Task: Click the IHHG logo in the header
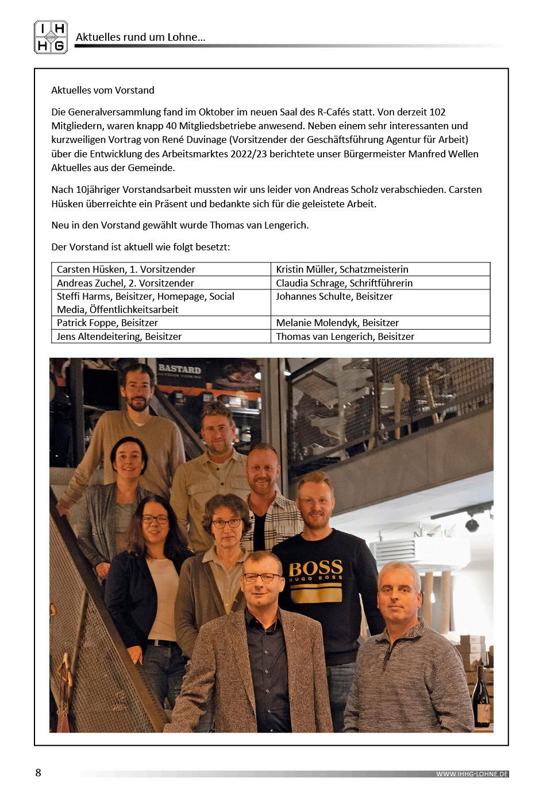[x=51, y=37]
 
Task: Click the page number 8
[x=38, y=772]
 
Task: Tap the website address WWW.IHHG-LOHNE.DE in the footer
[x=472, y=774]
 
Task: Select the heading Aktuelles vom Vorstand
[x=103, y=90]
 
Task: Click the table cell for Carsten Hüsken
[x=161, y=269]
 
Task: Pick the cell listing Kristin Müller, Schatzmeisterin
[x=380, y=269]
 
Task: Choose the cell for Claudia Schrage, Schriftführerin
[x=380, y=283]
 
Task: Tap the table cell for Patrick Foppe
[x=161, y=323]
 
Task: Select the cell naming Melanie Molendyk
[x=380, y=323]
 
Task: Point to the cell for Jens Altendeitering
[x=161, y=336]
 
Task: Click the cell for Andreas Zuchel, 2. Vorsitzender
[x=161, y=283]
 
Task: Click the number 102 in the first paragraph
[x=437, y=112]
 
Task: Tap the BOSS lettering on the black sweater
[x=315, y=569]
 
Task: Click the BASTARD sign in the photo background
[x=179, y=369]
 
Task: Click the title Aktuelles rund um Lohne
[x=141, y=37]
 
